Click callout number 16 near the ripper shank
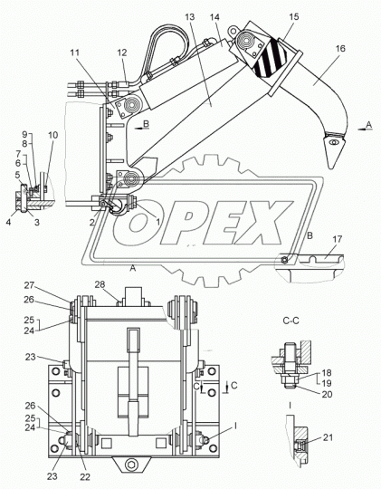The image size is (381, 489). coord(340,48)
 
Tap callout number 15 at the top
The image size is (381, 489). coord(294,16)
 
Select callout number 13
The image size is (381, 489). coord(189,17)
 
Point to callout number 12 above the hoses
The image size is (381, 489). coord(122,53)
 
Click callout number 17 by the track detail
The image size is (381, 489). coord(337,239)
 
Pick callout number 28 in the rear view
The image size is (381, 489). coord(100,284)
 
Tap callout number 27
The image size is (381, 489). coord(29,285)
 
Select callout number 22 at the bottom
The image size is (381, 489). coord(85,477)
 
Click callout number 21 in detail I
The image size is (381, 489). coord(328,437)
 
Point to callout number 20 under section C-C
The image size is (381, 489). coord(327,394)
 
